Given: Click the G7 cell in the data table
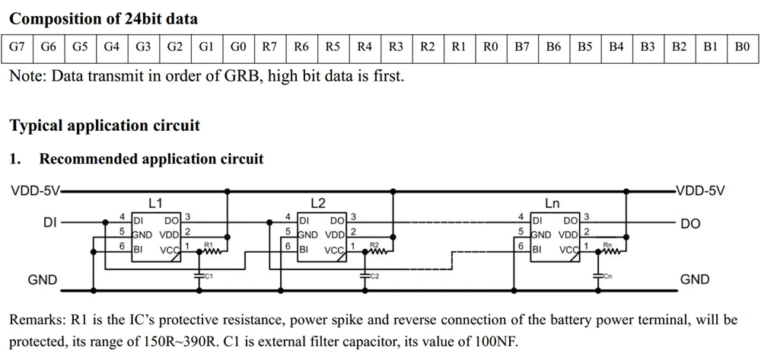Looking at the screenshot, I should [x=17, y=47].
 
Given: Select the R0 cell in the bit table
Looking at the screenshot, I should [x=490, y=47].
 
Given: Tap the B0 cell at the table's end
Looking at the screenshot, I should [x=742, y=47].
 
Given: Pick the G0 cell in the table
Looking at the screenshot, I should [x=238, y=47].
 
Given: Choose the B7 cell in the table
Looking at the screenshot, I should [x=522, y=47].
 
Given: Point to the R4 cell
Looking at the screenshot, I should [x=365, y=47].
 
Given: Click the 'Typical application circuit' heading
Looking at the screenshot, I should [x=104, y=125].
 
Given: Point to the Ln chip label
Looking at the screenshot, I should [x=552, y=203].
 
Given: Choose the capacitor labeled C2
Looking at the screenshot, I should [x=364, y=274].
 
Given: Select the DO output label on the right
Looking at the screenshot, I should [x=691, y=225].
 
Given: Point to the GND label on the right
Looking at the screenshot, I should [x=695, y=280].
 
